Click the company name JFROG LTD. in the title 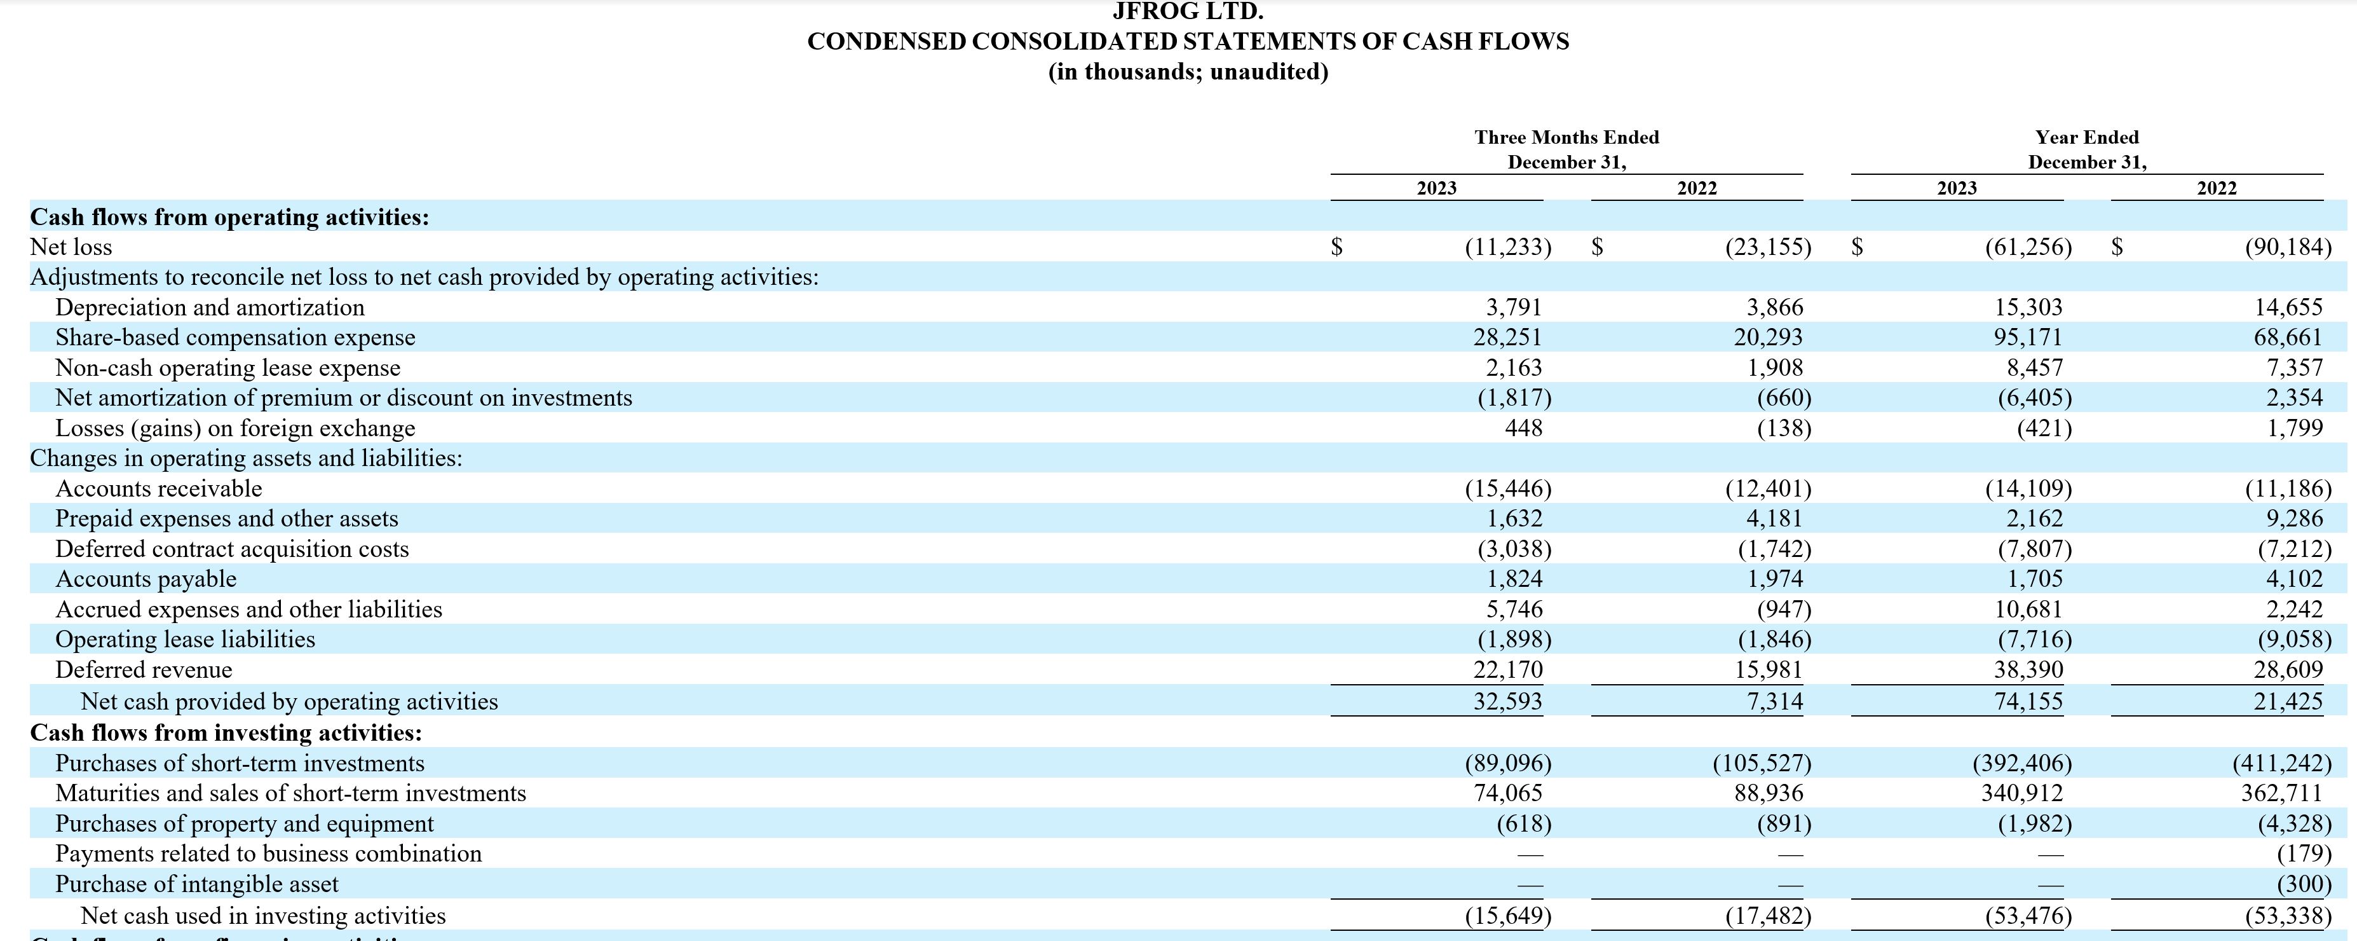[1188, 12]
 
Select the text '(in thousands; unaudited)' [1188, 71]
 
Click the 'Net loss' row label [71, 247]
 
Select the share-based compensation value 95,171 [2028, 337]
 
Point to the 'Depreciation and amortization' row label [210, 308]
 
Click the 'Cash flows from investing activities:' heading [226, 732]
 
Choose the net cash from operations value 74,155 [2028, 701]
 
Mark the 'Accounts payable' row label [146, 579]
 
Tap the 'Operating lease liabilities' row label [185, 640]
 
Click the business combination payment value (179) [2303, 854]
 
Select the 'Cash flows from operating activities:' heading [229, 217]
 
